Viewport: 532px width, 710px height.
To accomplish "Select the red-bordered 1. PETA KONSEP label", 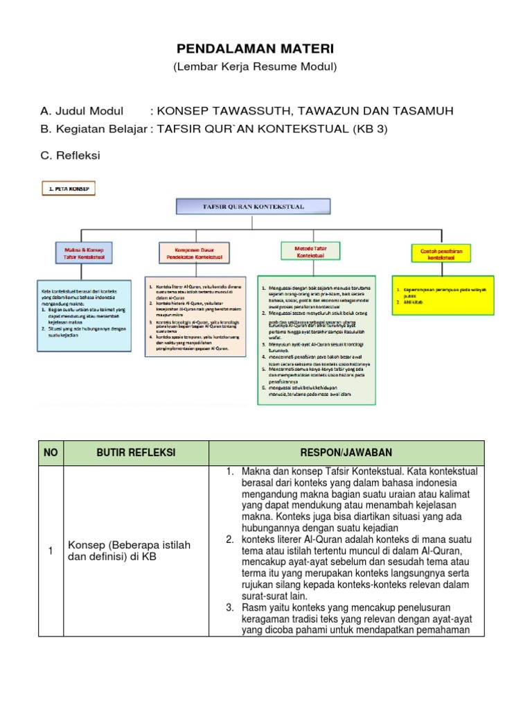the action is [x=70, y=188].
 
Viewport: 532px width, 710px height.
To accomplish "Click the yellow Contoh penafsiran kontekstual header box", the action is [x=441, y=252].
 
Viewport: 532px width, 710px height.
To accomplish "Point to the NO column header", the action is [x=51, y=453].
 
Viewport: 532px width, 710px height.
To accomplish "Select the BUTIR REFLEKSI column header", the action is [x=135, y=453].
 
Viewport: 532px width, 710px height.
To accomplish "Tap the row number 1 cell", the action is [x=51, y=551].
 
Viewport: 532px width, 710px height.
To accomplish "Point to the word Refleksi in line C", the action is [x=78, y=155].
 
